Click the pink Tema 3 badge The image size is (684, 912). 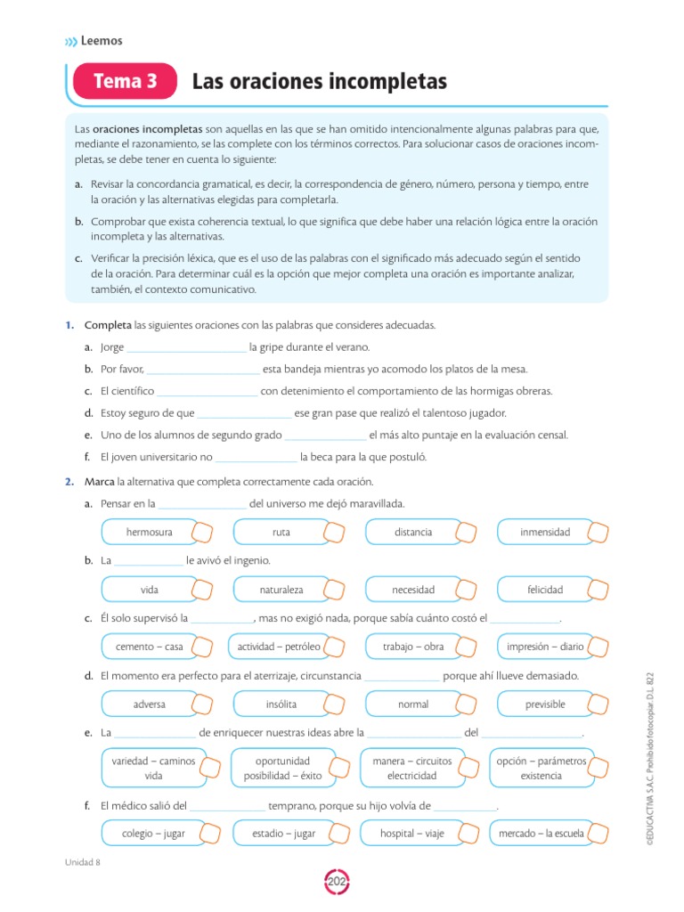tap(126, 83)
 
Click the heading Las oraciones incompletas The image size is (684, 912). tap(319, 83)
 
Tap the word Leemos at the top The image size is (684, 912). tap(101, 40)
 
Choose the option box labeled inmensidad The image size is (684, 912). tap(545, 532)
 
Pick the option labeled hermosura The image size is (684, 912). tap(150, 532)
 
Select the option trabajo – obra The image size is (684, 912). tap(413, 647)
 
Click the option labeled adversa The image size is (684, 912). tap(150, 704)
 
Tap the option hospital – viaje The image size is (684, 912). tap(413, 834)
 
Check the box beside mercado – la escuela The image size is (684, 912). tap(599, 834)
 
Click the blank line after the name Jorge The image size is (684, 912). tap(186, 348)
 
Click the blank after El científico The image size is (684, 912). tap(207, 392)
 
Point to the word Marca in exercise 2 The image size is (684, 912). tap(100, 482)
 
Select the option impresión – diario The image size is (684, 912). tap(545, 647)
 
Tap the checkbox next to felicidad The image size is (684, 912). tap(599, 590)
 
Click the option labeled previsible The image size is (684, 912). tap(545, 704)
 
